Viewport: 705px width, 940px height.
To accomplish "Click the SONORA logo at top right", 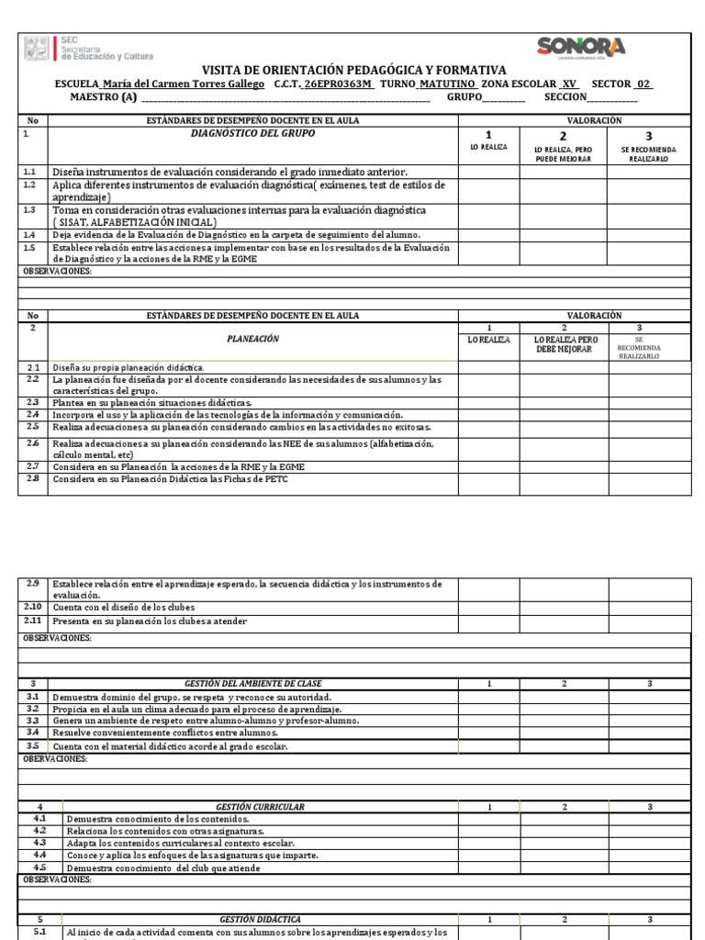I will (x=581, y=49).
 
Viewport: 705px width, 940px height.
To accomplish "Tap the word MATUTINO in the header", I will (x=448, y=84).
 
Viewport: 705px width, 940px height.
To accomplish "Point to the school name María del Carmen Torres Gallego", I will (x=184, y=84).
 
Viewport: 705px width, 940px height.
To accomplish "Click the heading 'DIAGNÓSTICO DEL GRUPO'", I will (x=252, y=134).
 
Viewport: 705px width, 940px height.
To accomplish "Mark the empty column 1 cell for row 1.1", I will (x=488, y=172).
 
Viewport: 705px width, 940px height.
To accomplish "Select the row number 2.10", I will (x=33, y=608).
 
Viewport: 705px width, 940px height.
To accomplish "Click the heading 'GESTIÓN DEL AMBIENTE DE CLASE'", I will (x=252, y=684).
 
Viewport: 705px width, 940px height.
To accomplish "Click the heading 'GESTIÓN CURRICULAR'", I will (x=260, y=807).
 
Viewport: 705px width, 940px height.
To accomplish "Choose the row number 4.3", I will (x=39, y=843).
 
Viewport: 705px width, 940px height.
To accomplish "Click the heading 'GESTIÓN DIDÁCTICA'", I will (x=260, y=919).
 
